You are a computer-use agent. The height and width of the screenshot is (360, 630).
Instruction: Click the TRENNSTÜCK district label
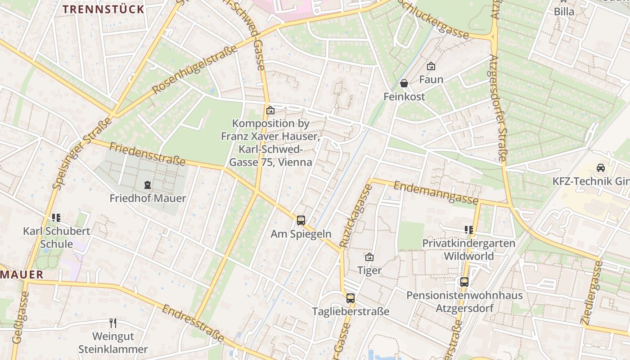103,9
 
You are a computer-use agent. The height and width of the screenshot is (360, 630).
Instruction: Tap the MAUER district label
22,274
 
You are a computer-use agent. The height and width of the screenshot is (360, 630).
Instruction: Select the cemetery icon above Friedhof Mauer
147,184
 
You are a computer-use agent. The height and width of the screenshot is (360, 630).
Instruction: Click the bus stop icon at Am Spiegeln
301,220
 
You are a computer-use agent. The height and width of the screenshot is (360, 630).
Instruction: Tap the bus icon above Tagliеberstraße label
351,298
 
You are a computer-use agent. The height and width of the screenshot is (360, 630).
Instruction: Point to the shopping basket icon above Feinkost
404,83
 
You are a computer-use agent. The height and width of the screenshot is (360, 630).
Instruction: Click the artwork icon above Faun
431,66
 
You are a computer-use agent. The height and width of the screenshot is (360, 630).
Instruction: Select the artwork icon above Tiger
369,257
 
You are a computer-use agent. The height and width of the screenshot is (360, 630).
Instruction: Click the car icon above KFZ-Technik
600,168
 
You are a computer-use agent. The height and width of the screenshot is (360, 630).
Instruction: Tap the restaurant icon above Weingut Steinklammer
113,323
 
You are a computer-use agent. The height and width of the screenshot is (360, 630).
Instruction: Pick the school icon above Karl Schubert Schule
56,218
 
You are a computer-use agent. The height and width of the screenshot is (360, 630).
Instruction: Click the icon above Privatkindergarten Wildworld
468,230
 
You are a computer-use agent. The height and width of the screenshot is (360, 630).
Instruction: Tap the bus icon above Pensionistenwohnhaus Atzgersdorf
464,282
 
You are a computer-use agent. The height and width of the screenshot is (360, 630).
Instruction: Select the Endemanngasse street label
436,192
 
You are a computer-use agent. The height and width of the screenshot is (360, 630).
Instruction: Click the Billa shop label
564,12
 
